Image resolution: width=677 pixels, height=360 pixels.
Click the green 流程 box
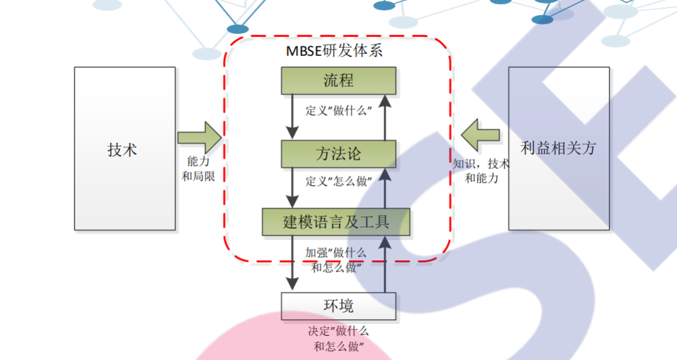[338, 81]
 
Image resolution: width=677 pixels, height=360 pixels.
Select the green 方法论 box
[338, 154]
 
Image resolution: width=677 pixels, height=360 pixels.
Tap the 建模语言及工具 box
[336, 222]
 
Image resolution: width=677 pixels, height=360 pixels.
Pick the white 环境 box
[338, 305]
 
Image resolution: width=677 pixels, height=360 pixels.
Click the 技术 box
[125, 149]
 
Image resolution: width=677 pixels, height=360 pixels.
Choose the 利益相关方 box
[558, 149]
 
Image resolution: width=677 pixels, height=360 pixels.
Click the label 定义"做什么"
[339, 111]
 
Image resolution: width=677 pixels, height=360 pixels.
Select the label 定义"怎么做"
[339, 182]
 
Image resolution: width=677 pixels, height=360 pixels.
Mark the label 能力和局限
[198, 169]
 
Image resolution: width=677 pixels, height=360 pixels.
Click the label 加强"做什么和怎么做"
[335, 260]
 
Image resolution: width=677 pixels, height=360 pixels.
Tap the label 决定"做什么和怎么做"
[338, 339]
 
